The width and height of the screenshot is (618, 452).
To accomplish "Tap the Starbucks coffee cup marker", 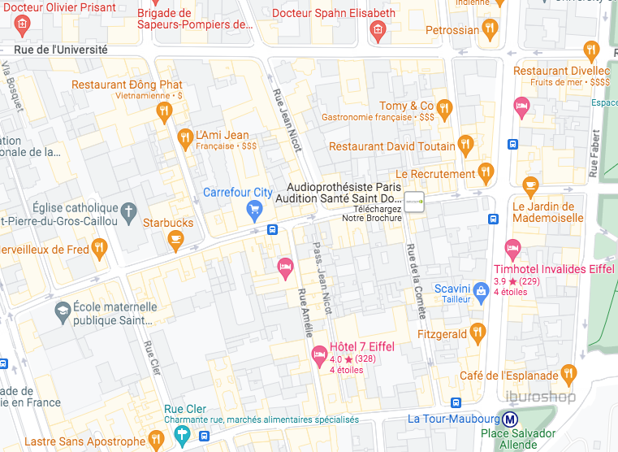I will (175, 238).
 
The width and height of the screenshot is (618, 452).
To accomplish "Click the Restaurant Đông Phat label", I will (127, 85).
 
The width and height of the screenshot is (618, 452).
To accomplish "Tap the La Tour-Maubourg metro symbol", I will (510, 419).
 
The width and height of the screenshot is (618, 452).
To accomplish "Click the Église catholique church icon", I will (127, 213).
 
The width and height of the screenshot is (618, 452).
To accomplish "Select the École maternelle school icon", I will (62, 311).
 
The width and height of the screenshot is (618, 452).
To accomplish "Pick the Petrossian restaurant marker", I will (489, 30).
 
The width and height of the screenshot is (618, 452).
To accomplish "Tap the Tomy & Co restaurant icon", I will (443, 108).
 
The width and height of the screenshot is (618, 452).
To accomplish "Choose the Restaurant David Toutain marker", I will (465, 145).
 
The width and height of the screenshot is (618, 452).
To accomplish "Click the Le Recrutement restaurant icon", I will (486, 172).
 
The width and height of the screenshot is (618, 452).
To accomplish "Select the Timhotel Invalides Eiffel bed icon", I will (512, 248).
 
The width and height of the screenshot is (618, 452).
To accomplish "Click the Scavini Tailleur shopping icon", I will (481, 294).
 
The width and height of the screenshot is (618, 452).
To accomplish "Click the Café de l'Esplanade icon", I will (568, 374).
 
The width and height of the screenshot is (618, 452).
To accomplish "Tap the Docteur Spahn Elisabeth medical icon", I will (377, 30).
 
